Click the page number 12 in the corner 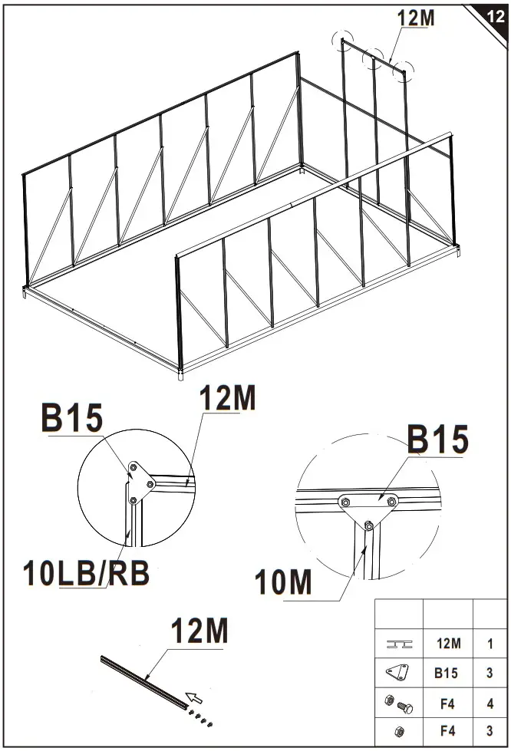tap(496, 17)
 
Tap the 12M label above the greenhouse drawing tap(415, 18)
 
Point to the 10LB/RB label tap(85, 573)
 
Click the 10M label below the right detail tap(285, 582)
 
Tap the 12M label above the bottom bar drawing tap(199, 632)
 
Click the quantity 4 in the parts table tap(490, 703)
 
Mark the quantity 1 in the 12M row tap(490, 644)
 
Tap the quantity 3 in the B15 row tap(490, 674)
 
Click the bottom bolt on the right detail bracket tap(369, 525)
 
